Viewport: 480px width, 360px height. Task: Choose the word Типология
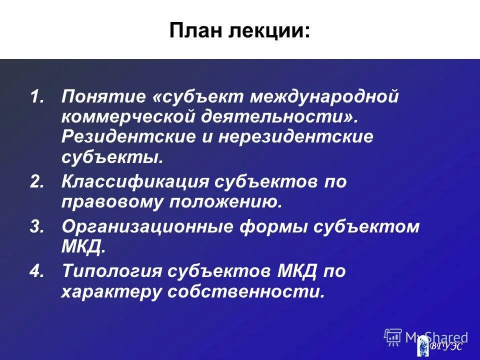113,272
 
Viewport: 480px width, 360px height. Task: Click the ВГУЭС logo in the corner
440,344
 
